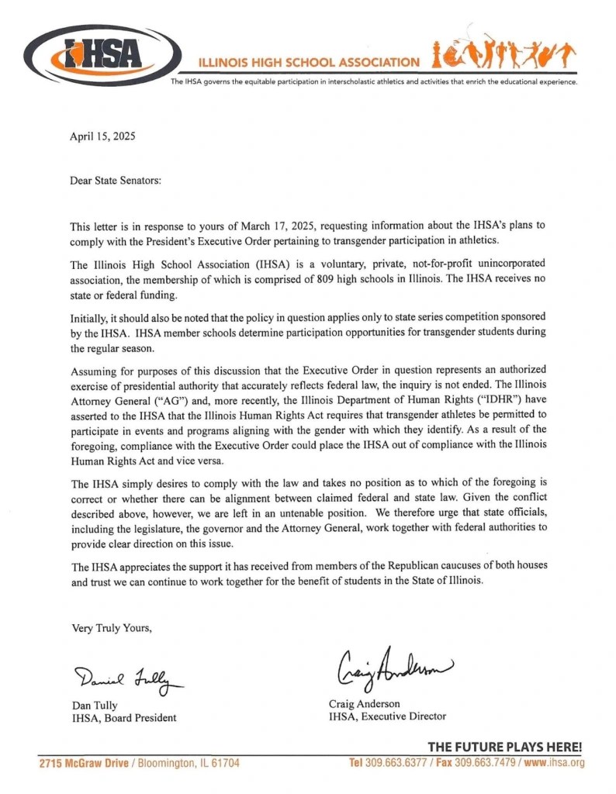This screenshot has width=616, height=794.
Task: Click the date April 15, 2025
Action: pyautogui.click(x=103, y=136)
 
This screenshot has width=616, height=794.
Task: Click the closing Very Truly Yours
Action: pyautogui.click(x=112, y=627)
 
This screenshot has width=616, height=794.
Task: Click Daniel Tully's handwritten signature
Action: pyautogui.click(x=129, y=679)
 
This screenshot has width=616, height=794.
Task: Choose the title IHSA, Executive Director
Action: pyautogui.click(x=388, y=716)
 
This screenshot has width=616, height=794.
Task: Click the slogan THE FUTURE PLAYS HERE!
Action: pyautogui.click(x=504, y=747)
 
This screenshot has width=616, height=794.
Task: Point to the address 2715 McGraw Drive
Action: pyautogui.click(x=85, y=763)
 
